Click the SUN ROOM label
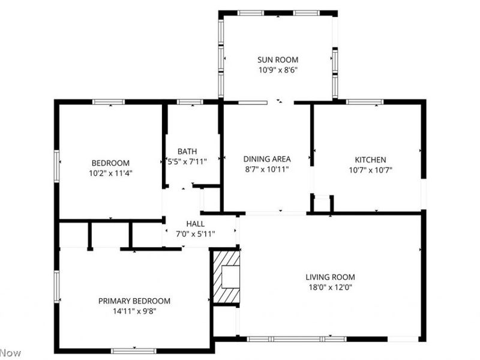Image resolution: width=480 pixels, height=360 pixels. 278,59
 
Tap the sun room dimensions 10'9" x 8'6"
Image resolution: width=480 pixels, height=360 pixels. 278,70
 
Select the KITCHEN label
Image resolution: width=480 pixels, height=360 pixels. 370,160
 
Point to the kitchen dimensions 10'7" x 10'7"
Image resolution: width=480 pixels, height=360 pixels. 370,170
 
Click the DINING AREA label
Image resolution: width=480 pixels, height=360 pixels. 267,159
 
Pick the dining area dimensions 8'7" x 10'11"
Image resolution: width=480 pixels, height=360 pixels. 267,169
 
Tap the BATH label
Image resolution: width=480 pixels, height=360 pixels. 187,151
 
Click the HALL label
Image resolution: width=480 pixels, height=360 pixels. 196,224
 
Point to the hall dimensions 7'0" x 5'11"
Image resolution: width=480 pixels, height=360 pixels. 196,233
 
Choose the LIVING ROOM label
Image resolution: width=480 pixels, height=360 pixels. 330,277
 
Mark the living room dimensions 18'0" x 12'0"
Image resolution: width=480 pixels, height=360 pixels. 330,287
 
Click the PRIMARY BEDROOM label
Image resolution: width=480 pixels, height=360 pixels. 134,301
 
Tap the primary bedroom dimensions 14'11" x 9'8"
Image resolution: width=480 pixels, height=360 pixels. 134,311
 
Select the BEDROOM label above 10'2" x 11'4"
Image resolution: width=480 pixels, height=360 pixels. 110,163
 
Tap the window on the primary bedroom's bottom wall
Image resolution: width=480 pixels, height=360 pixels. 133,350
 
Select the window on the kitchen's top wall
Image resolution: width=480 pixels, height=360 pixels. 365,101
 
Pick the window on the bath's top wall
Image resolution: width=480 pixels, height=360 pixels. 190,101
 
